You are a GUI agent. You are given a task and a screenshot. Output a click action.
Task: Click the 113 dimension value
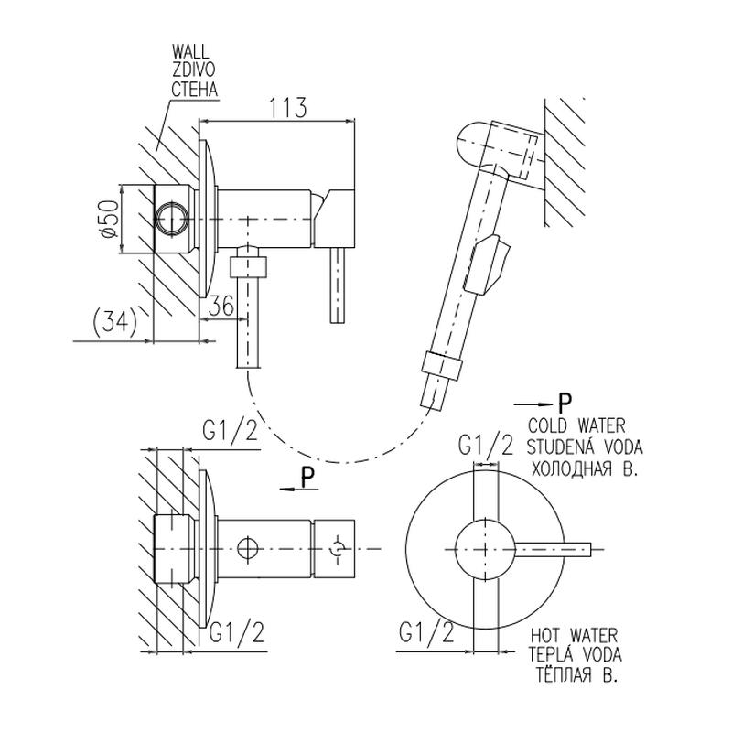[x=287, y=107]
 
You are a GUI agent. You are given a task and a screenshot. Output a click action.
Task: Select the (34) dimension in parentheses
[x=114, y=322]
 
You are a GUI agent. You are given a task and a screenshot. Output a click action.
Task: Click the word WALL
[x=189, y=54]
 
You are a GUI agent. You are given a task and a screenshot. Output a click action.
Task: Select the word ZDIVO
[x=189, y=71]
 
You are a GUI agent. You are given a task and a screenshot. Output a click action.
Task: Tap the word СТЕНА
[x=191, y=89]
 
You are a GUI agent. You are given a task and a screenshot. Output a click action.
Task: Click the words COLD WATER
[x=576, y=426]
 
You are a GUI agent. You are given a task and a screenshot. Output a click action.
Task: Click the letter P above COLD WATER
[x=565, y=403]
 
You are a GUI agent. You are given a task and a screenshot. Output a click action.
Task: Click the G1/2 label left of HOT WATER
[x=426, y=632]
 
